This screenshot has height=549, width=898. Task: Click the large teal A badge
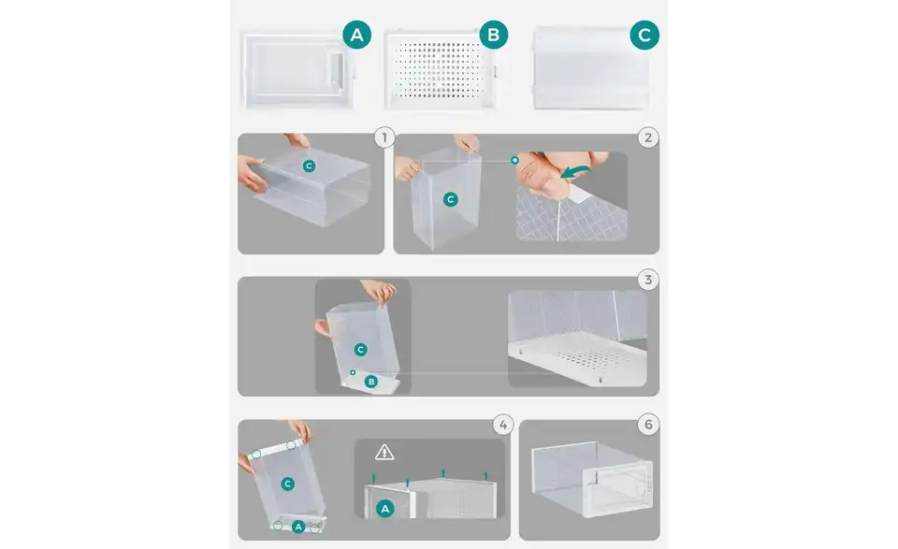[356, 35]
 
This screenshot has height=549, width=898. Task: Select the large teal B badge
[493, 35]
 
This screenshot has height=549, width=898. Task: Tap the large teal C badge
[645, 35]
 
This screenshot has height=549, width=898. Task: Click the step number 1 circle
[384, 137]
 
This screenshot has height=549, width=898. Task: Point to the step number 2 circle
[647, 137]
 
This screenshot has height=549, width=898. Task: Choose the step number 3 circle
[647, 280]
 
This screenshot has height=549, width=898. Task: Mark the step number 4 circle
[503, 425]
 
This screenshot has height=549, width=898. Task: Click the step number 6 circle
[647, 425]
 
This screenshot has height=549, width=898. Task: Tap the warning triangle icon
[384, 453]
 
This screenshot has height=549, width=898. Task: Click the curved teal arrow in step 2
[575, 171]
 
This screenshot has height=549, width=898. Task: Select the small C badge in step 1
[310, 166]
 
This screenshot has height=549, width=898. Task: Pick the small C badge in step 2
[451, 199]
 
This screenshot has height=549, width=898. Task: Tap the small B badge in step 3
[371, 382]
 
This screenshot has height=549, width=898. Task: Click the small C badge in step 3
[360, 349]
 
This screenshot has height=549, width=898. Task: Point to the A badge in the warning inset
[384, 509]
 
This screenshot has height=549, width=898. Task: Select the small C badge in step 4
[287, 484]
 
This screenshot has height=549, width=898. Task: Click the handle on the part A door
[337, 71]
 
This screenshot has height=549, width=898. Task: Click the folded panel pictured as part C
[590, 67]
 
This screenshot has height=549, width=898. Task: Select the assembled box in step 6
[591, 479]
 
